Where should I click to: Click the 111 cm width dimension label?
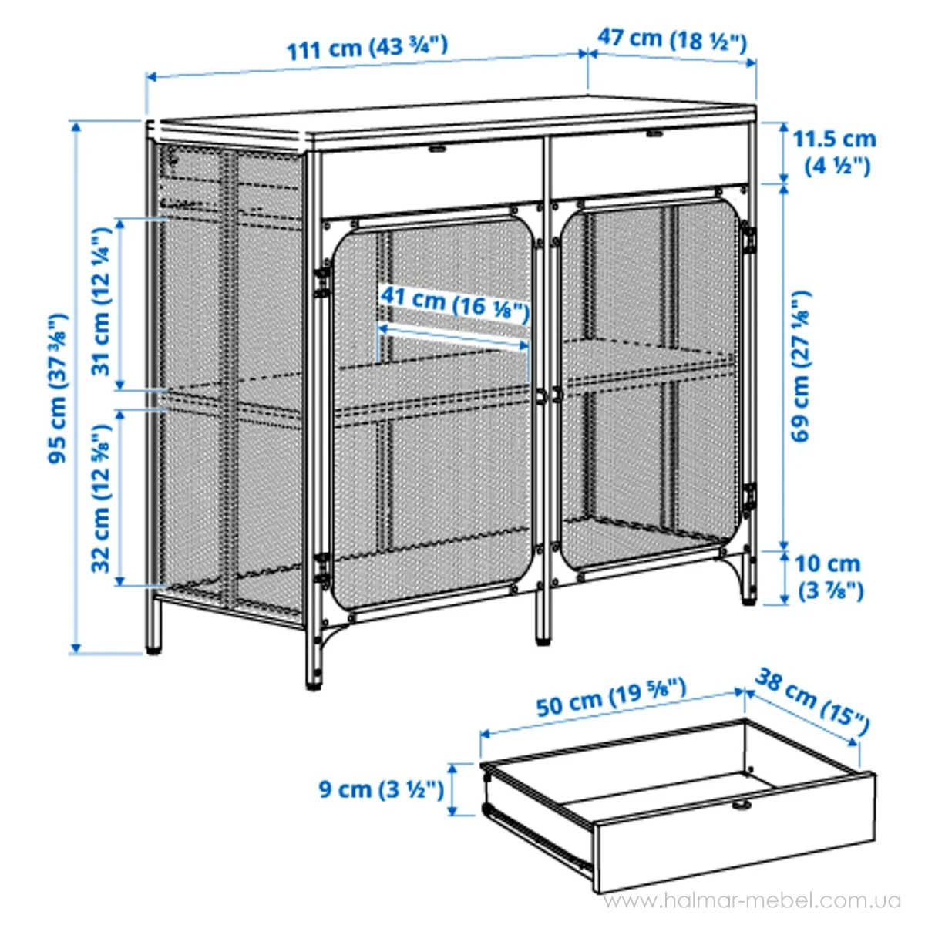tap(367, 48)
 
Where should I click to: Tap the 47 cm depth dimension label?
tap(671, 39)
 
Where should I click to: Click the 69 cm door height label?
tap(802, 366)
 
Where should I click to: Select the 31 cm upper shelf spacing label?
tap(103, 301)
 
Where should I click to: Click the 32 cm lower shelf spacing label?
tap(103, 497)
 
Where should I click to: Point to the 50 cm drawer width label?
tap(610, 697)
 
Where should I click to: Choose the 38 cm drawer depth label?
tap(811, 700)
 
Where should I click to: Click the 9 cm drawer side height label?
tap(381, 789)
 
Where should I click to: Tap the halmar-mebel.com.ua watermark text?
tap(752, 901)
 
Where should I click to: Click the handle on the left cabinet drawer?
tap(437, 148)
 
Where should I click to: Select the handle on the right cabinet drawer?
tap(654, 134)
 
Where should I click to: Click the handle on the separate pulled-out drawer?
tap(742, 806)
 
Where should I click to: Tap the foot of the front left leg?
tap(314, 683)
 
